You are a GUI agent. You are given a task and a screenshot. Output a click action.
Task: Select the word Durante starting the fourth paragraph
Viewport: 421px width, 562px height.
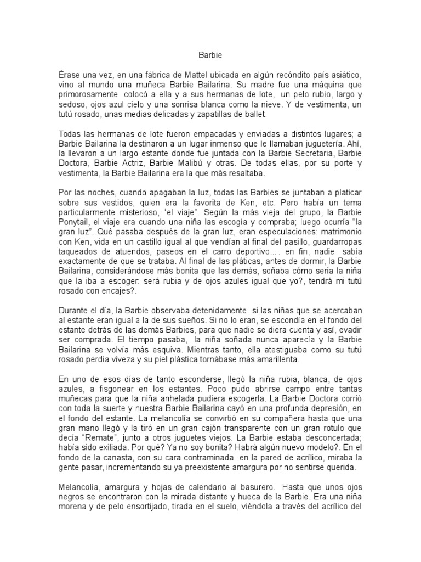pos(75,311)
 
